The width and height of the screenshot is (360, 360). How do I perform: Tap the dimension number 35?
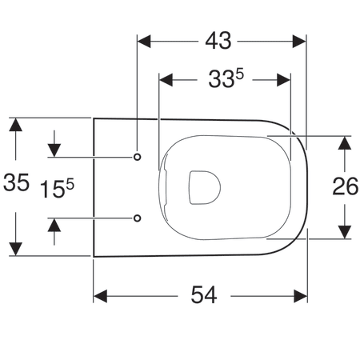[16, 184]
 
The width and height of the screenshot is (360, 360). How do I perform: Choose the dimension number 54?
[203, 295]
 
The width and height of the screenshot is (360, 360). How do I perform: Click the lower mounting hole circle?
[138, 217]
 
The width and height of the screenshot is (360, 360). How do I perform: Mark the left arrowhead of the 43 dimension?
[145, 39]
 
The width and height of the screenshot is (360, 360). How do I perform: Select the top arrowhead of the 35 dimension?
[15, 124]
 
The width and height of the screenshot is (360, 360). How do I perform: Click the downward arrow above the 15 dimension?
[54, 150]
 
